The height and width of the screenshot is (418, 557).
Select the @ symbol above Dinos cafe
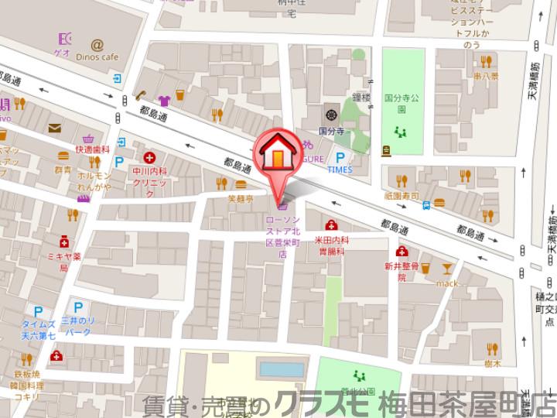[x=97, y=45]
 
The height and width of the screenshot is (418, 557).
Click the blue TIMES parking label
[x=340, y=170]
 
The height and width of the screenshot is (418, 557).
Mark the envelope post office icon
[x=55, y=128]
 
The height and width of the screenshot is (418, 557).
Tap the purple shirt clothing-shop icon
[x=163, y=99]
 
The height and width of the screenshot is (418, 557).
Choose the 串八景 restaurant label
[x=487, y=77]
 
